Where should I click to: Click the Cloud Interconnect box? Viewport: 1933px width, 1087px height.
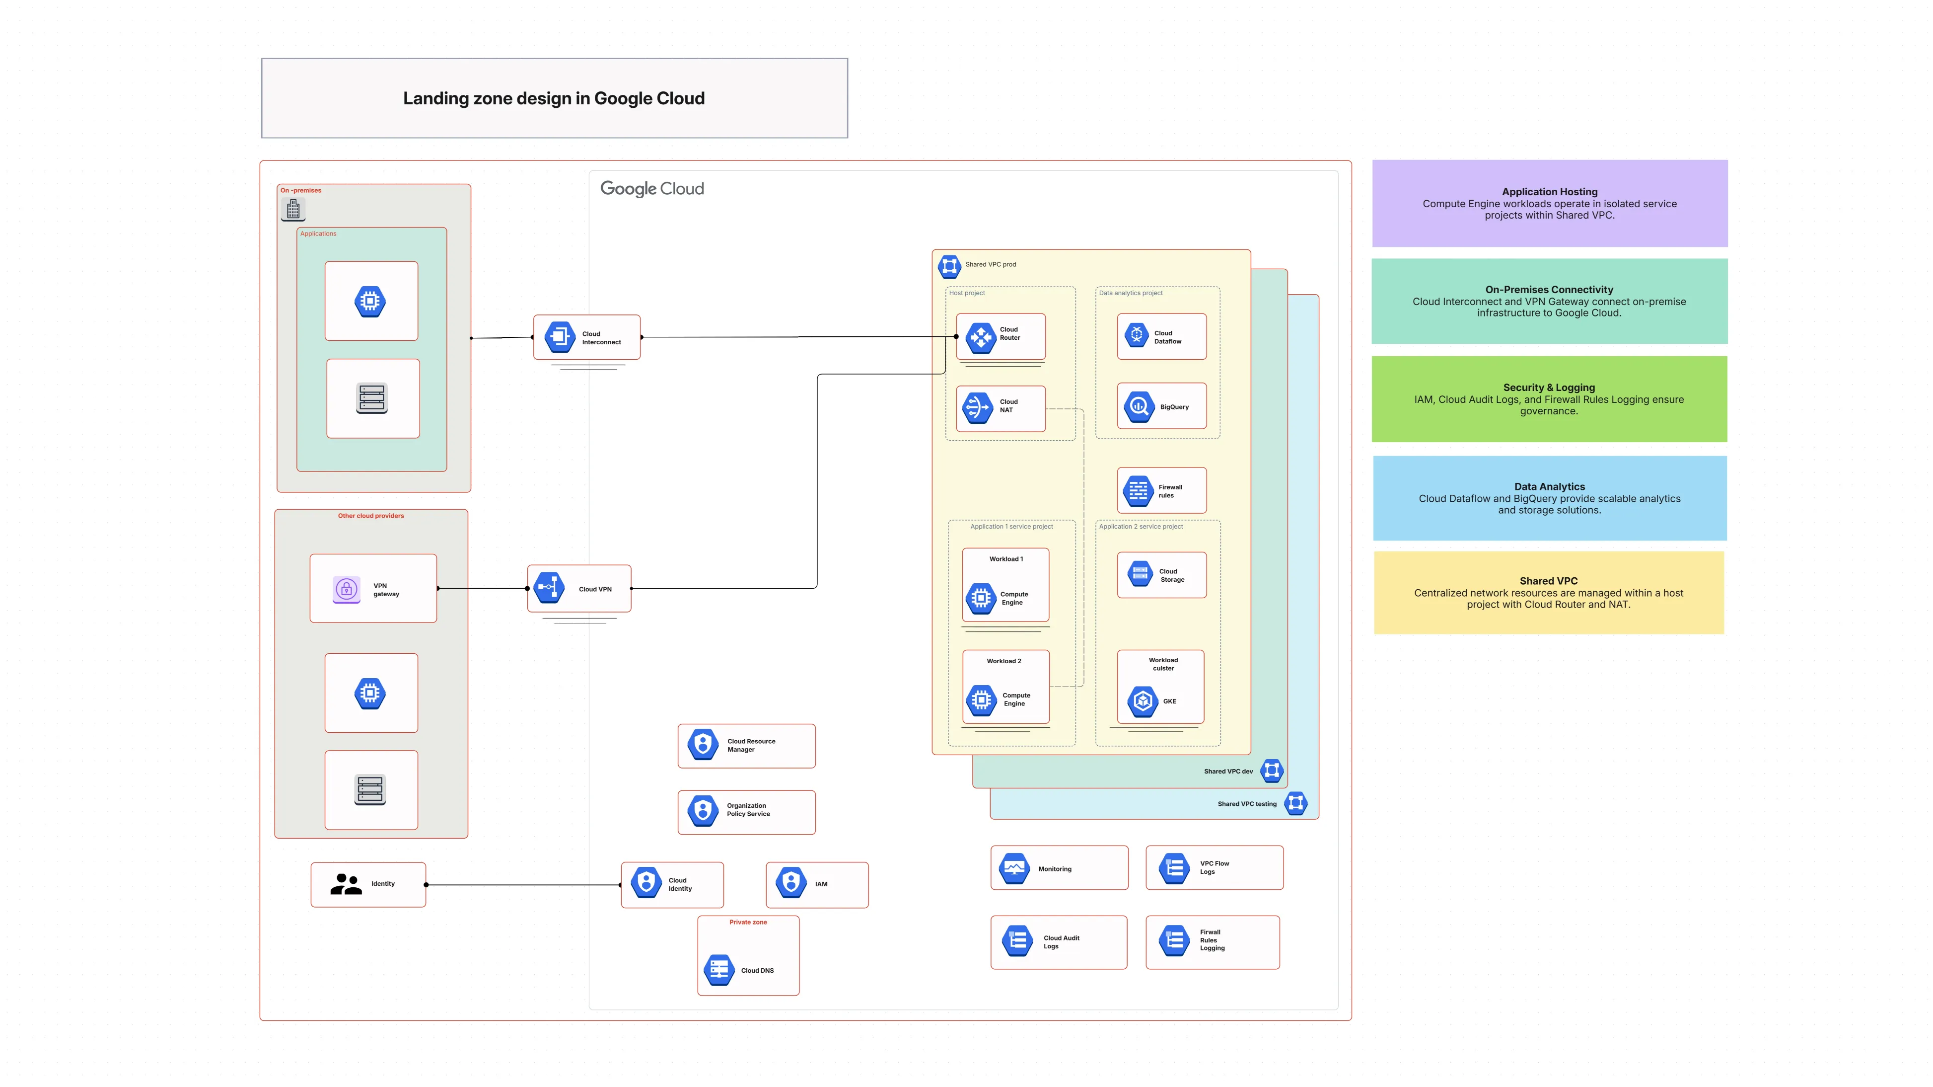point(587,337)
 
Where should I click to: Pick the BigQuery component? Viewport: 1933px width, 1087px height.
point(1161,406)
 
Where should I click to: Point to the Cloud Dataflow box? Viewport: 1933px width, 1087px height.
point(1161,336)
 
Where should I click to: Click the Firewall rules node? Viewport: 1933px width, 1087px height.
point(1161,490)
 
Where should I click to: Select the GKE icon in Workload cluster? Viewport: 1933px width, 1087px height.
point(1142,701)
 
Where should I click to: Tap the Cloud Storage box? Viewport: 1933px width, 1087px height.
point(1161,575)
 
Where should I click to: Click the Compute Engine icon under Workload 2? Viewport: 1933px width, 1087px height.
point(981,699)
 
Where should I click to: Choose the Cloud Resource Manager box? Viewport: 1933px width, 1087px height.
point(746,745)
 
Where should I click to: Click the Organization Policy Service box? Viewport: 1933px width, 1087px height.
point(746,811)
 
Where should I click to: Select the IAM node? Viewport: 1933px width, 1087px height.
point(816,884)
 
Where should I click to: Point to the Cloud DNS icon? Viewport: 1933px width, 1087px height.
point(719,970)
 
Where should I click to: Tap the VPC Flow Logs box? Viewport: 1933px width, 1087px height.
point(1214,868)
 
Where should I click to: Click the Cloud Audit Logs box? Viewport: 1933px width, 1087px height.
point(1058,942)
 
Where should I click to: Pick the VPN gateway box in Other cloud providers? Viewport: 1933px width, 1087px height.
point(373,589)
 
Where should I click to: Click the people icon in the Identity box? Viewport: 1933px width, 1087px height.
point(346,884)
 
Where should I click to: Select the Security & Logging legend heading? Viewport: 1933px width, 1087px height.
point(1548,388)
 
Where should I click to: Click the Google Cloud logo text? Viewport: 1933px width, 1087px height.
point(651,188)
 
